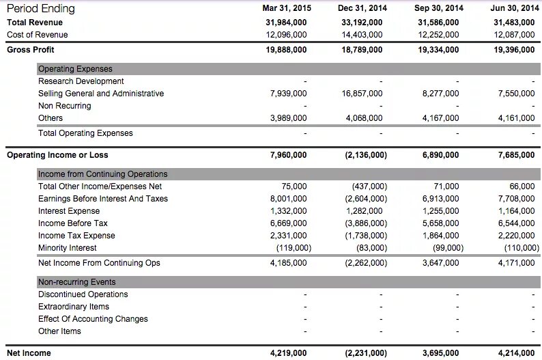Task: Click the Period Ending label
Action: coord(40,9)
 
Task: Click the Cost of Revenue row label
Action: coord(37,35)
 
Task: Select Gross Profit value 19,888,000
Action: coord(286,50)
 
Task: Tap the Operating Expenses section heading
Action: coord(75,69)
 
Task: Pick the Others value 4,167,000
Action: coord(441,118)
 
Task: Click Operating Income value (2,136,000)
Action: coord(366,155)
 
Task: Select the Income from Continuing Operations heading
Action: coord(102,174)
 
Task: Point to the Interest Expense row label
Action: coord(69,211)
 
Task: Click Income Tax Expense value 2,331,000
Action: coord(289,236)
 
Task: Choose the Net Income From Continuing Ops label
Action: coord(99,263)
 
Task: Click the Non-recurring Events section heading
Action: coord(76,282)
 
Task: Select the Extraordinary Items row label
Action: coord(74,307)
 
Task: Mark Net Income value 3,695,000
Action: coord(441,353)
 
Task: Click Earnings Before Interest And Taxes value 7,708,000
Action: coord(517,199)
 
